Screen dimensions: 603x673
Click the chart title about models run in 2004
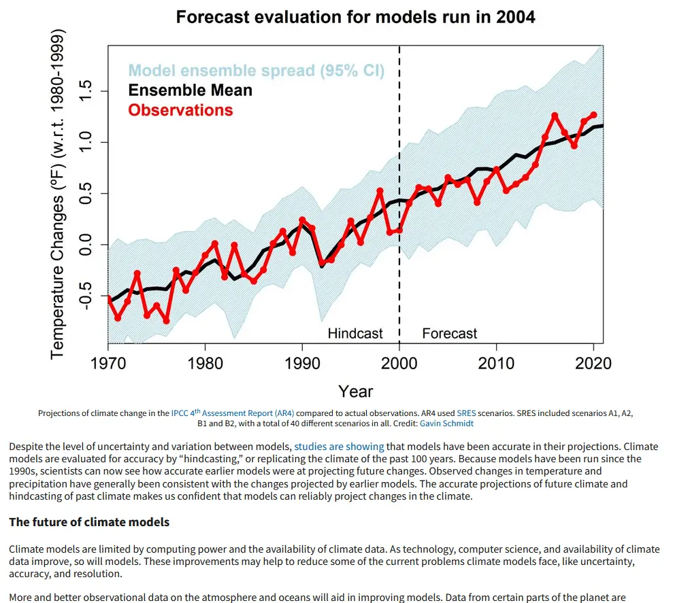click(355, 17)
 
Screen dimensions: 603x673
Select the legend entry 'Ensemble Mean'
click(190, 90)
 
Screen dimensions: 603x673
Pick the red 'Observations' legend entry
click(180, 110)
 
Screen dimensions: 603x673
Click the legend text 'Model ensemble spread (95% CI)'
click(256, 71)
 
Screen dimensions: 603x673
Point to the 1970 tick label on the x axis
click(108, 362)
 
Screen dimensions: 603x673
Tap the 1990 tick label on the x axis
click(302, 362)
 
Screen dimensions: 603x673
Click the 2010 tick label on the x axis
click(497, 362)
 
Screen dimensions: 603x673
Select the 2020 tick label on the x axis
click(593, 362)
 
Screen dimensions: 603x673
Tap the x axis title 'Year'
click(355, 391)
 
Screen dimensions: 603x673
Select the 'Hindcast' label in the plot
click(355, 333)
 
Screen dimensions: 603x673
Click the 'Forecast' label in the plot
click(449, 333)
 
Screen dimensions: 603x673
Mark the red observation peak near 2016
click(555, 116)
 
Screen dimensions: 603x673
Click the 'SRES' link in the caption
click(466, 413)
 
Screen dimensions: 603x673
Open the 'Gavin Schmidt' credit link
click(446, 423)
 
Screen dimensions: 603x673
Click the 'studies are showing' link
click(339, 447)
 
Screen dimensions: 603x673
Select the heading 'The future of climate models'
click(89, 522)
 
